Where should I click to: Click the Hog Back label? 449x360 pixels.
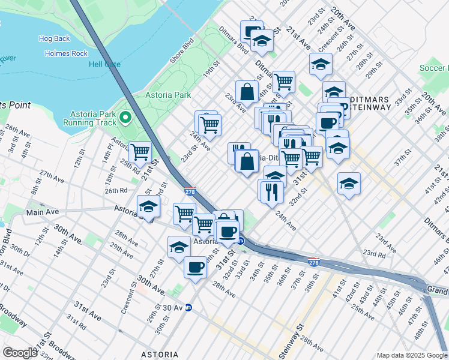click(55, 38)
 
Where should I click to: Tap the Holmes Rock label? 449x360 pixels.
click(67, 53)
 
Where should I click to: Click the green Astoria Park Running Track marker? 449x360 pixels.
click(125, 116)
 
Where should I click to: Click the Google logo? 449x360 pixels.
click(20, 352)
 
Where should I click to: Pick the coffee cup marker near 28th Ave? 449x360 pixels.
click(195, 267)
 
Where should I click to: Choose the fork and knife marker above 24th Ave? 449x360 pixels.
click(270, 191)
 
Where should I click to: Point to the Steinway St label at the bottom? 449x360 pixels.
click(292, 339)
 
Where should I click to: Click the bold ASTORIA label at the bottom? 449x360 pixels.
click(159, 355)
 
